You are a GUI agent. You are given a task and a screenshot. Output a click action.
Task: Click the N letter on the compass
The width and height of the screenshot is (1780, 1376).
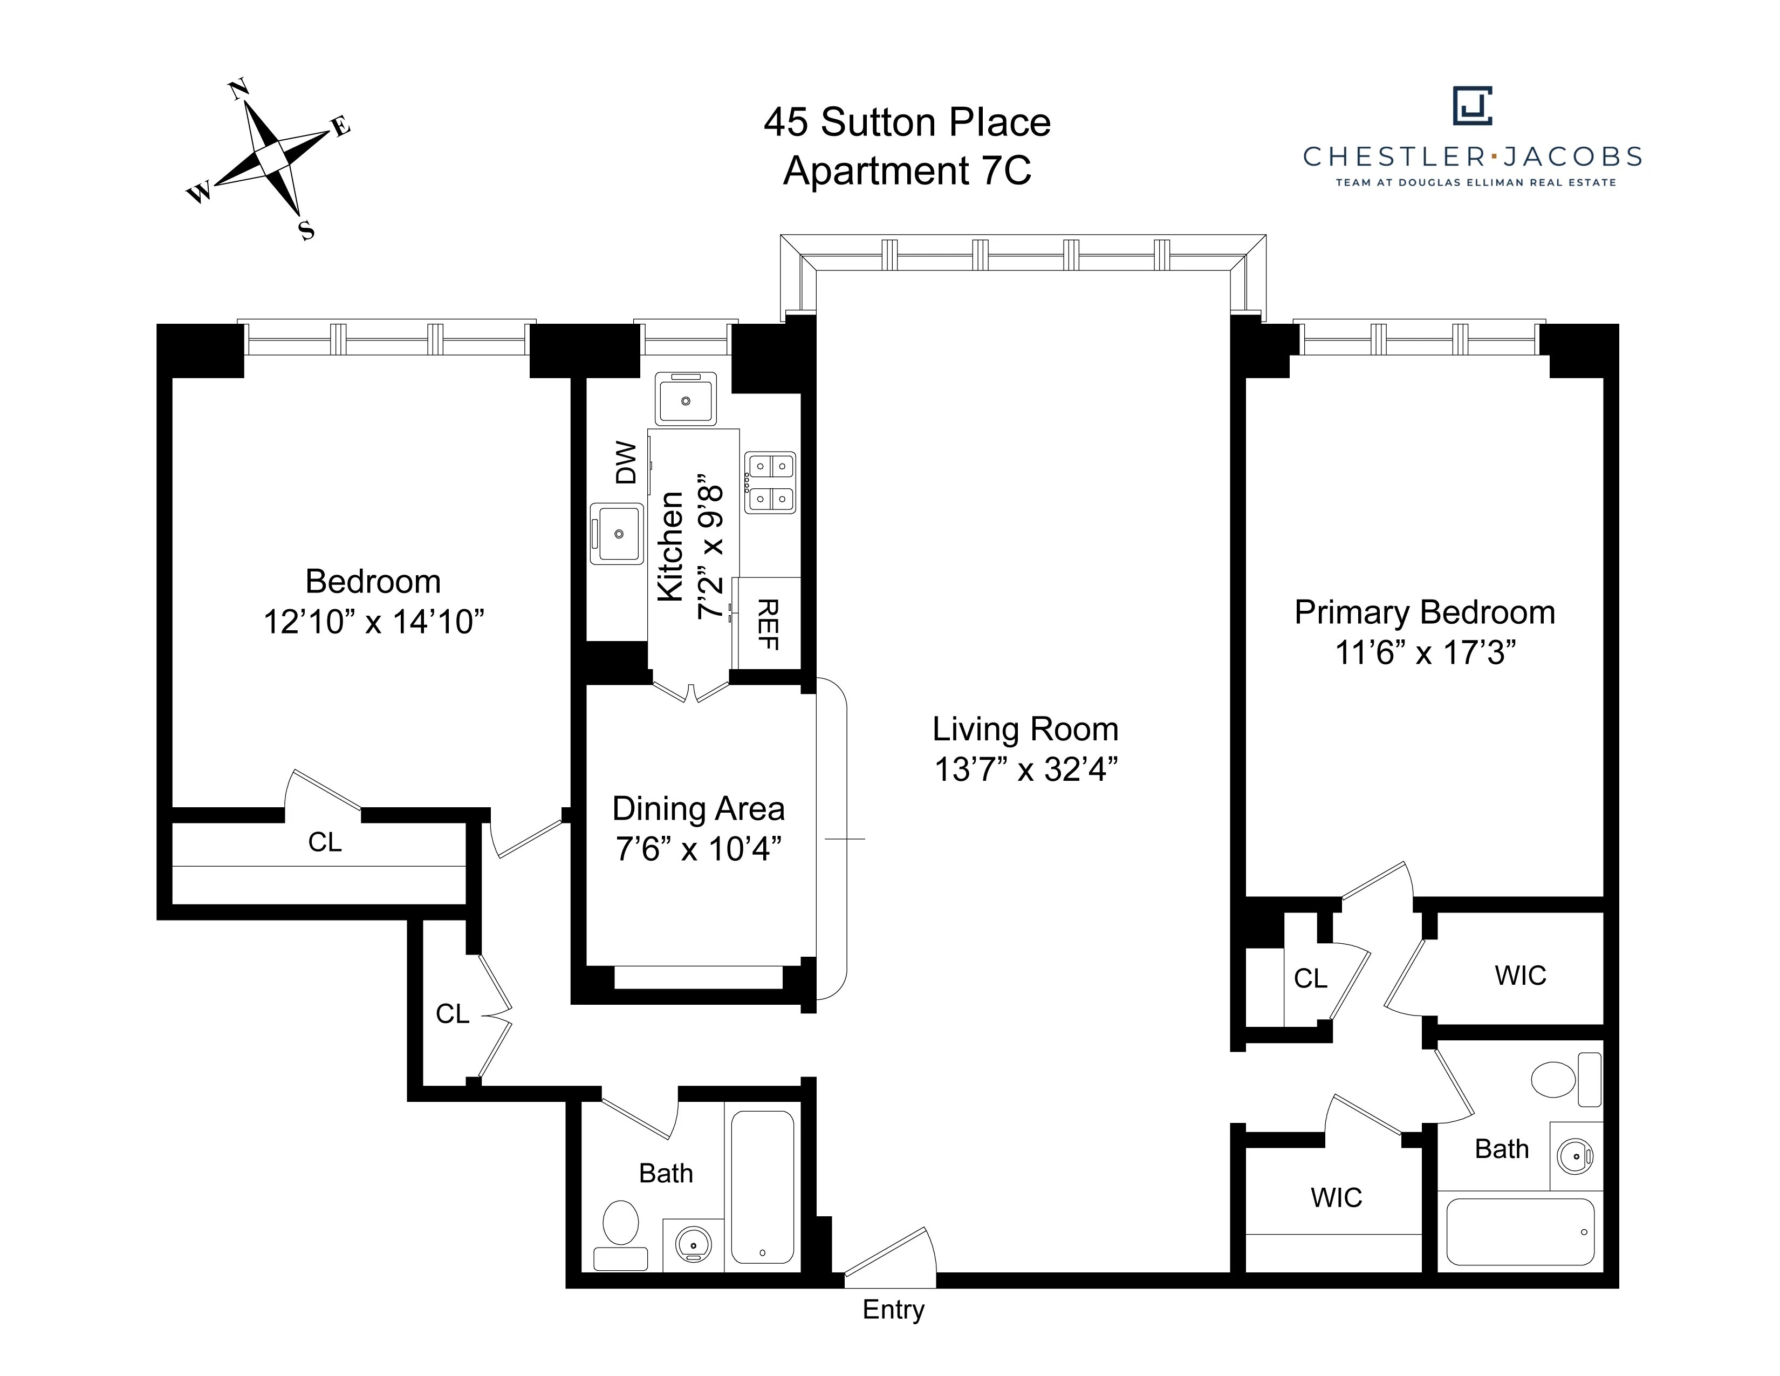click(239, 89)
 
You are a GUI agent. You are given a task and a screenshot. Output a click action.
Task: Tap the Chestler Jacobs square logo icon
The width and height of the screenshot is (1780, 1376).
click(1472, 106)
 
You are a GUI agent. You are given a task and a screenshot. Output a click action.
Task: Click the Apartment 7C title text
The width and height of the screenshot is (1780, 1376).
click(907, 171)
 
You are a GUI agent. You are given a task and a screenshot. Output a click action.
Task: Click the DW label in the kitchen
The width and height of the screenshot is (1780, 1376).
click(626, 462)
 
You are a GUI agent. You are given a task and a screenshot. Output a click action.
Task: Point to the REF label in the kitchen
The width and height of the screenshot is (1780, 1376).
click(768, 624)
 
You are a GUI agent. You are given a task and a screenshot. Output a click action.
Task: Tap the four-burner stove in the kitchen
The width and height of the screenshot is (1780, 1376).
click(770, 482)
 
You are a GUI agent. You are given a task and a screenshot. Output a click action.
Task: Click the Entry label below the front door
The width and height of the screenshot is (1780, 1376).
click(893, 1309)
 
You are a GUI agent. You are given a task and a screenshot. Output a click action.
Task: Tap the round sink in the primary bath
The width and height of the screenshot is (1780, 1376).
click(1574, 1156)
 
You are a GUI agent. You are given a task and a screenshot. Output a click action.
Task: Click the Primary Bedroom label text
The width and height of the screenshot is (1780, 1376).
click(1424, 612)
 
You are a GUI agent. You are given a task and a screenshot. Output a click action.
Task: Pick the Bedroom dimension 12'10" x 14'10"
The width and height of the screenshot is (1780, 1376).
click(373, 622)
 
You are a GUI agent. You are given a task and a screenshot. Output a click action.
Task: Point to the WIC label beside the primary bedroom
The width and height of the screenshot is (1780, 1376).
click(1520, 975)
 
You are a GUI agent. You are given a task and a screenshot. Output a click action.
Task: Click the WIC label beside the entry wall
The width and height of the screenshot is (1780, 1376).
click(1336, 1197)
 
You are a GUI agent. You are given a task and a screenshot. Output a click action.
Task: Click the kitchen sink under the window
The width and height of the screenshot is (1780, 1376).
click(686, 399)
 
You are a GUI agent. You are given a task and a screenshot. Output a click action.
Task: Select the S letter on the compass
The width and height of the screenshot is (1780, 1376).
click(306, 231)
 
